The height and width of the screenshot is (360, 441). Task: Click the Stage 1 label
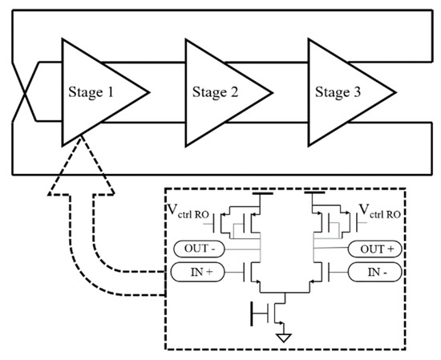pos(91,92)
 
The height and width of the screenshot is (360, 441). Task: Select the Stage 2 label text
pos(215,92)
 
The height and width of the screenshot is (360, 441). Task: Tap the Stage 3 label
pos(338,92)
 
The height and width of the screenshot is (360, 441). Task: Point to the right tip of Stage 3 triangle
pos(396,91)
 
